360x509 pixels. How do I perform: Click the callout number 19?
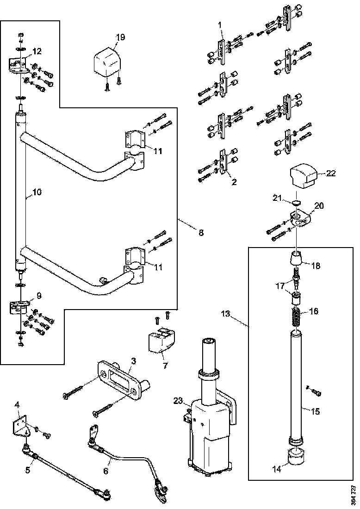pos(120,37)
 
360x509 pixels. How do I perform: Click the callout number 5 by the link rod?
pos(28,470)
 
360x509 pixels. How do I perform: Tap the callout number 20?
pos(319,205)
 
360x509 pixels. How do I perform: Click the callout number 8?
pos(201,233)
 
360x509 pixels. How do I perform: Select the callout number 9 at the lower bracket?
pos(39,294)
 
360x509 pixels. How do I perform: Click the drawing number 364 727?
pos(353,494)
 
